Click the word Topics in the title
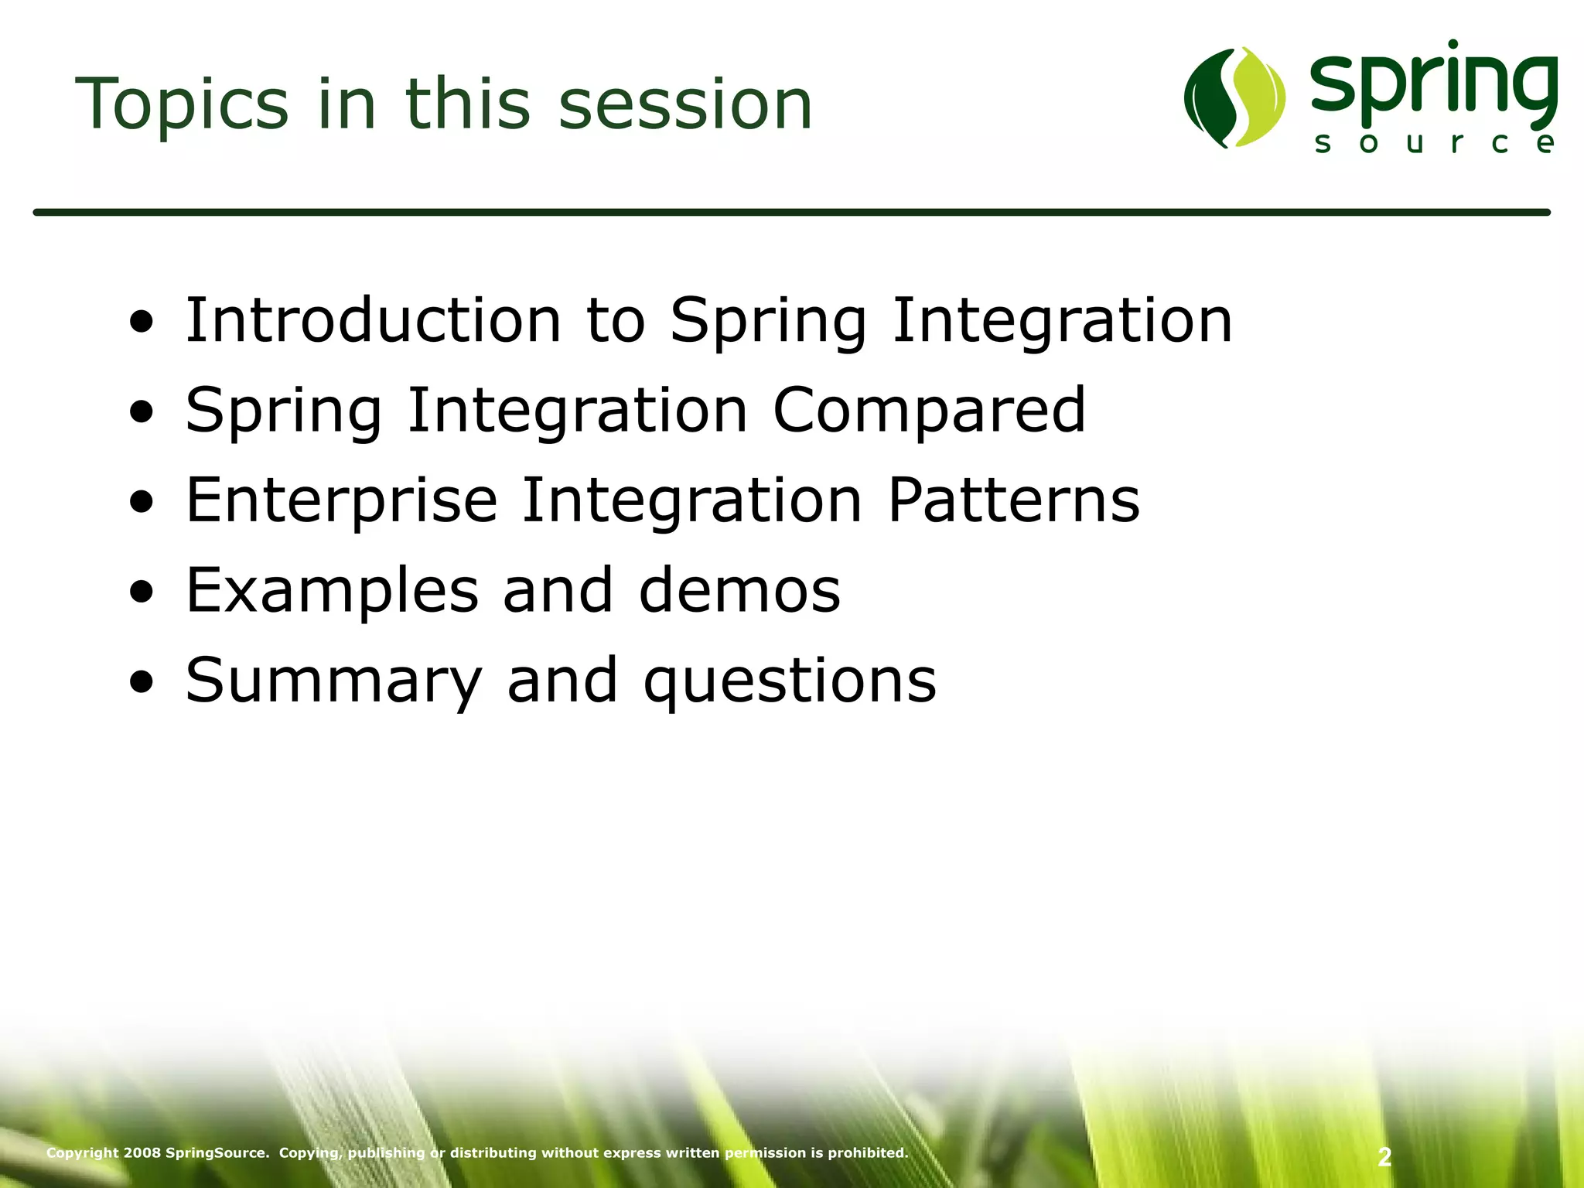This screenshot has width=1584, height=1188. tap(182, 104)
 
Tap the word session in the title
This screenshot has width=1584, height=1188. tap(684, 104)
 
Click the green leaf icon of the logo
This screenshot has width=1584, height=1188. tap(1234, 97)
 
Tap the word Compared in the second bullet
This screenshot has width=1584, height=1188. tap(929, 410)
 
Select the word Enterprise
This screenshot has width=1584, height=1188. tap(341, 500)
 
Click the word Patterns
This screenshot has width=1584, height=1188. tap(1013, 500)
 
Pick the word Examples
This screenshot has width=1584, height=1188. tap(332, 590)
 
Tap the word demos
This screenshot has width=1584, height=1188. tap(739, 590)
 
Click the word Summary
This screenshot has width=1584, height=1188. tap(333, 681)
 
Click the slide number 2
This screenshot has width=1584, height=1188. tap(1384, 1157)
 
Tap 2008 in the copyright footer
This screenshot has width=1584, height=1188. tap(142, 1152)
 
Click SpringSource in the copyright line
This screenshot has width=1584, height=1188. tap(217, 1152)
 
